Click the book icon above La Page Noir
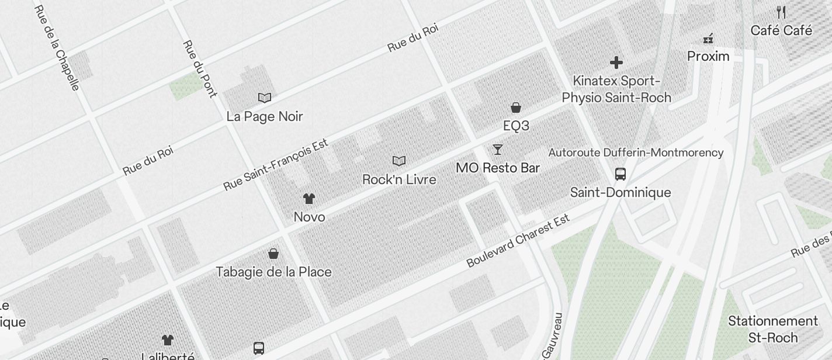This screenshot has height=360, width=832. [x=265, y=98]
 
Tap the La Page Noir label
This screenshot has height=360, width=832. [x=265, y=116]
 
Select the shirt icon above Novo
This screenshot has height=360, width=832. [x=309, y=199]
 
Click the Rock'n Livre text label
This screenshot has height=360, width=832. [x=399, y=179]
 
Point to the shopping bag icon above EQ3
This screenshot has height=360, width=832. [x=516, y=108]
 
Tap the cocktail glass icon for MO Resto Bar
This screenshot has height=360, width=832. [x=497, y=150]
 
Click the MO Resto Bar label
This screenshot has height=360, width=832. [x=497, y=168]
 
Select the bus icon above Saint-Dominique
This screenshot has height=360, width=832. [x=620, y=174]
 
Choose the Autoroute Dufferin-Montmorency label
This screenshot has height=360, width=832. [x=636, y=153]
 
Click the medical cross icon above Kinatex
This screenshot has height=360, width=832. [x=616, y=62]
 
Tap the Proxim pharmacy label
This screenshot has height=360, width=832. [x=708, y=56]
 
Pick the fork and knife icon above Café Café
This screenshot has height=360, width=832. [x=781, y=12]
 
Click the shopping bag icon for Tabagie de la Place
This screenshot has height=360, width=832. [x=273, y=254]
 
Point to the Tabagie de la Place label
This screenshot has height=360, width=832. [x=273, y=272]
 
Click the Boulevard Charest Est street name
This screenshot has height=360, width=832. [x=518, y=241]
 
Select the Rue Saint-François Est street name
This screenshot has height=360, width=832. [x=276, y=165]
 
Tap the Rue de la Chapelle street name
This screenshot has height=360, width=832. [x=57, y=48]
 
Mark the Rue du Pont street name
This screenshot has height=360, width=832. [x=200, y=68]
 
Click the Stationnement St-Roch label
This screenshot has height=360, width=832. [x=772, y=329]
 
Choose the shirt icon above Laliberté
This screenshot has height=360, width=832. [x=168, y=340]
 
